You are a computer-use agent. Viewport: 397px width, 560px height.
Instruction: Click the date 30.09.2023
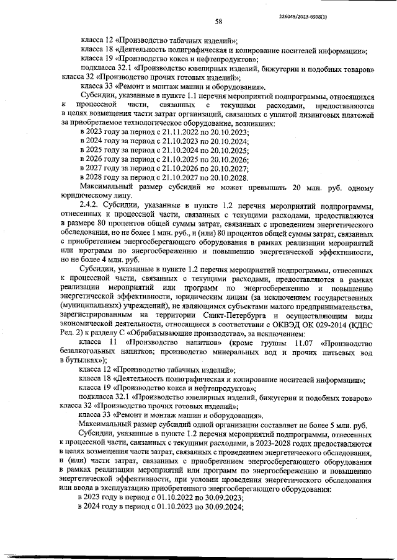point(225,497)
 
